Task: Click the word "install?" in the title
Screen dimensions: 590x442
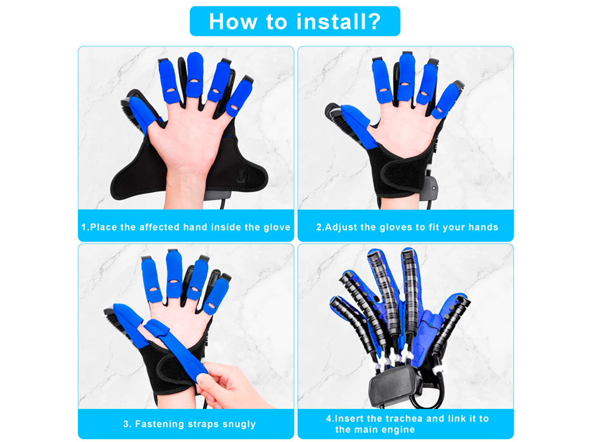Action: click(338, 21)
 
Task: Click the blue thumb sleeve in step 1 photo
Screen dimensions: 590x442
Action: click(142, 113)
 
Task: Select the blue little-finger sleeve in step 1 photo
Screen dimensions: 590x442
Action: click(240, 98)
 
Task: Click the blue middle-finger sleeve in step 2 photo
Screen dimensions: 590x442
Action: click(407, 77)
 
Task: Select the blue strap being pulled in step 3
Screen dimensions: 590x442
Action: click(177, 349)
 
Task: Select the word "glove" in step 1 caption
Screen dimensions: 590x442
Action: click(277, 227)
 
